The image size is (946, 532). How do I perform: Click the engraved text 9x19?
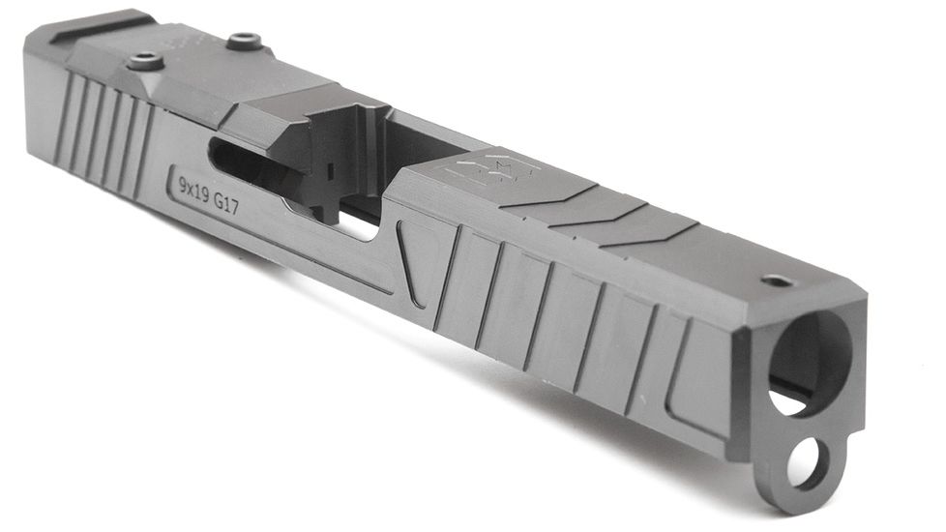(x=196, y=182)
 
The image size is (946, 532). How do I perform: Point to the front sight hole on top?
(x=775, y=281)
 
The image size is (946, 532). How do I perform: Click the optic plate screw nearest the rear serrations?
(x=142, y=60)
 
